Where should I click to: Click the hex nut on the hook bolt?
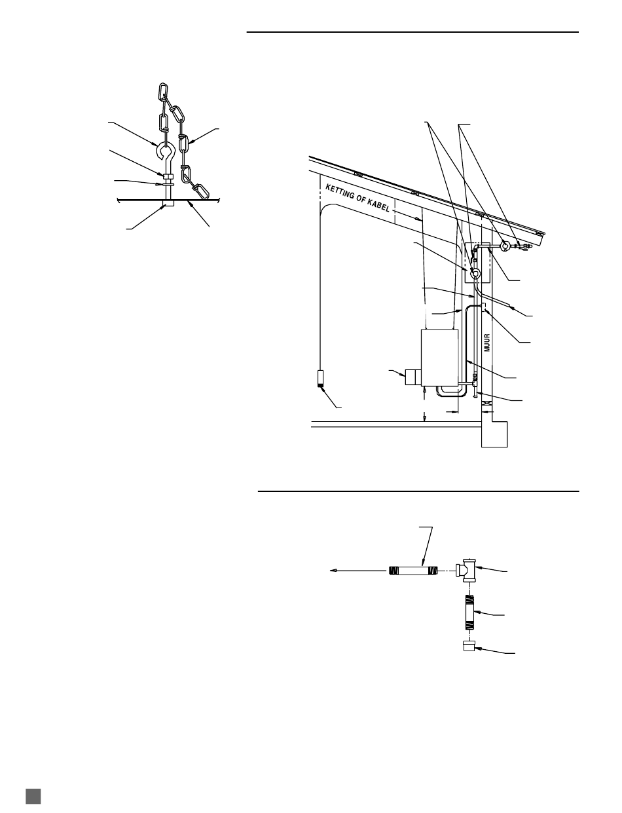pos(168,175)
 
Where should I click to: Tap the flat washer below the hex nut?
pos(168,183)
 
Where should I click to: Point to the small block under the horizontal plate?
pos(168,203)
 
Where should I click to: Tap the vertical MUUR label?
pos(487,343)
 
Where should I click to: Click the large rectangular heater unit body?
pos(440,357)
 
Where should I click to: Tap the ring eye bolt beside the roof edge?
pos(504,246)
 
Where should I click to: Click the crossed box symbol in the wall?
pos(486,404)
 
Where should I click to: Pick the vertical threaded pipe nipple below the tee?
pos(469,612)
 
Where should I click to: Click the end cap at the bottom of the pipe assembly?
pos(469,646)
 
